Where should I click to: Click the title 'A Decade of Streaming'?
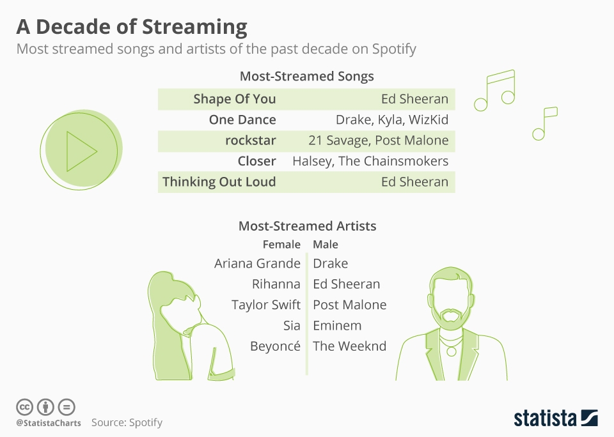pyautogui.click(x=132, y=27)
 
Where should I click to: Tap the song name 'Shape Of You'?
pyautogui.click(x=235, y=99)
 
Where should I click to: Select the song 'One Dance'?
pyautogui.click(x=242, y=119)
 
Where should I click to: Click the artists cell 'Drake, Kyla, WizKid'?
pyautogui.click(x=392, y=119)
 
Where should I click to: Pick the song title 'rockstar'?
pyautogui.click(x=251, y=141)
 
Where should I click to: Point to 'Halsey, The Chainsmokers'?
pyautogui.click(x=370, y=161)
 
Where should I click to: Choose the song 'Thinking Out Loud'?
pyautogui.click(x=219, y=182)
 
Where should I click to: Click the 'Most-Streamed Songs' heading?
pyautogui.click(x=307, y=76)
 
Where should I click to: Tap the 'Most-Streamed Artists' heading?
pyautogui.click(x=308, y=226)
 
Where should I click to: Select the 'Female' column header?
pyautogui.click(x=281, y=245)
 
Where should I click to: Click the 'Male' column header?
pyautogui.click(x=326, y=245)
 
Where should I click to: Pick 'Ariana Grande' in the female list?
pyautogui.click(x=257, y=263)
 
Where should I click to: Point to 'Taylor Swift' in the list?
pyautogui.click(x=266, y=305)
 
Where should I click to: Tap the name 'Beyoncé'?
pyautogui.click(x=275, y=346)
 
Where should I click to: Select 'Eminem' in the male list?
pyautogui.click(x=337, y=325)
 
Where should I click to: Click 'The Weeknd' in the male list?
pyautogui.click(x=350, y=346)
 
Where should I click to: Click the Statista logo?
pyautogui.click(x=556, y=418)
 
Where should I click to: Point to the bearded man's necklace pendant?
pyautogui.click(x=451, y=352)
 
